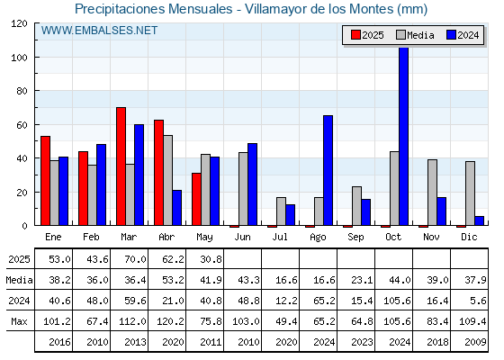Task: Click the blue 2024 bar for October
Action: click(x=404, y=136)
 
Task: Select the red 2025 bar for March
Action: click(x=121, y=166)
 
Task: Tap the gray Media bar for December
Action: click(x=470, y=193)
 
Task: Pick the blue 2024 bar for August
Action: click(x=328, y=170)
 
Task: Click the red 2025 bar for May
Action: click(x=196, y=199)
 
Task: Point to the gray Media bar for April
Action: click(x=167, y=180)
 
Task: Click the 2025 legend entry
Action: click(x=367, y=35)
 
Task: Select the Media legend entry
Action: click(x=415, y=35)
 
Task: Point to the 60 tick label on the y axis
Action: click(x=22, y=125)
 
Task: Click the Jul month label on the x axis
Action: click(x=280, y=237)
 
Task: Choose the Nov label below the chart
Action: click(x=431, y=237)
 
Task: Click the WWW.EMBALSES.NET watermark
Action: click(x=99, y=31)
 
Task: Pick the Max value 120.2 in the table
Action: click(x=170, y=321)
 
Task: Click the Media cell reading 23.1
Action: click(x=362, y=280)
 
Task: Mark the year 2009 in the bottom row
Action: click(x=475, y=342)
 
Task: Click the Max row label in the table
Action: click(x=19, y=321)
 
